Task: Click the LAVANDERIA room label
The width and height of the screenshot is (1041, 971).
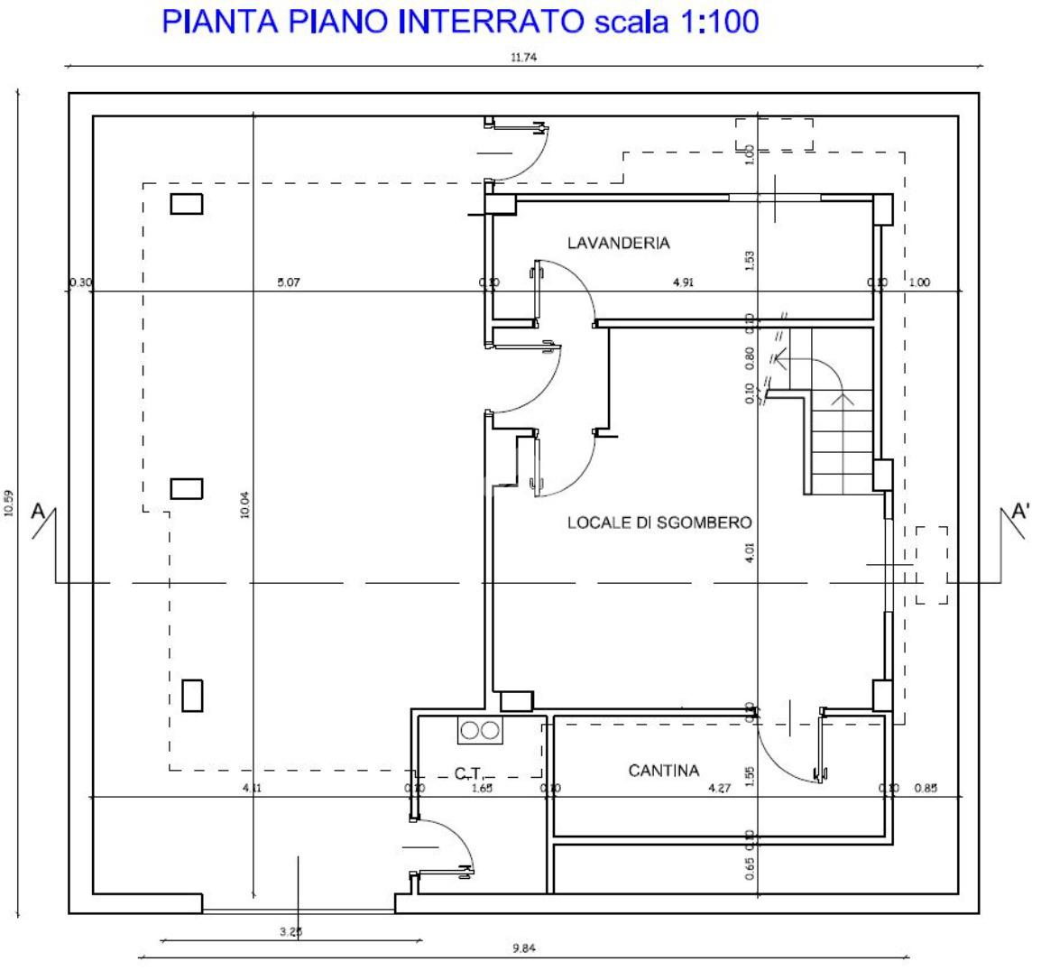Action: coord(618,243)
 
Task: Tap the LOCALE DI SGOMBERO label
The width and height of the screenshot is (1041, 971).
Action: coord(659,522)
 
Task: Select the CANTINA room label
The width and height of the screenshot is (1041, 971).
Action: coord(663,771)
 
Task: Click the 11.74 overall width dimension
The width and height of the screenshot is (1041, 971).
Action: coord(523,58)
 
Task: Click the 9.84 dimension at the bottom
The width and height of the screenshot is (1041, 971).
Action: coord(523,948)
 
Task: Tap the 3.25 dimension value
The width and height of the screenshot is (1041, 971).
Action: coord(290,932)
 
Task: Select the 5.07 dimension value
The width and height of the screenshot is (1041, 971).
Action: coord(289,282)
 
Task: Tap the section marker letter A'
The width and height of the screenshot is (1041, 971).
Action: coord(1021,511)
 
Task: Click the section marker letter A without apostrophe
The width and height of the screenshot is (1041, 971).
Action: coord(39,511)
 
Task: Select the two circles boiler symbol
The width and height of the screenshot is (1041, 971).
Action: coord(479,731)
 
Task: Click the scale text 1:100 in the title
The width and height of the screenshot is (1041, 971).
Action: coord(711,22)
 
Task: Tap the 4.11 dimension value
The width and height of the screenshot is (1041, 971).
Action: coord(252,788)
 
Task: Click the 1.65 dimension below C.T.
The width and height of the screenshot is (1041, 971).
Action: coord(482,788)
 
